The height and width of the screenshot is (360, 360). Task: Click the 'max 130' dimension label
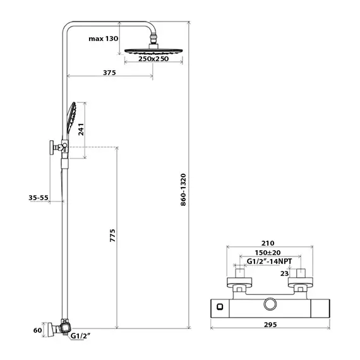[104, 39]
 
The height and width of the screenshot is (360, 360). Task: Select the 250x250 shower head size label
[153, 59]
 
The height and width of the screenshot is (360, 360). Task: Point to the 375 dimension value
[109, 73]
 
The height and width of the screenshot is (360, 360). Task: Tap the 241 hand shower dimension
[81, 129]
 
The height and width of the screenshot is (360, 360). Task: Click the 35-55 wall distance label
[39, 198]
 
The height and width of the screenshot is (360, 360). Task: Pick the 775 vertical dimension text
[112, 236]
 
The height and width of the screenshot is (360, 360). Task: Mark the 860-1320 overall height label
[183, 190]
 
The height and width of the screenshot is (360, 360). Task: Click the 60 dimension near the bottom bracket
[38, 330]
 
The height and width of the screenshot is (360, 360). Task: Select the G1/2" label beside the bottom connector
[80, 336]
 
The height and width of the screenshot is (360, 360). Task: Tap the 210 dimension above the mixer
[268, 243]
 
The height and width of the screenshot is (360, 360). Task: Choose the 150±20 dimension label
[268, 253]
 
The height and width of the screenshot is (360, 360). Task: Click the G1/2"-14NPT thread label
[269, 261]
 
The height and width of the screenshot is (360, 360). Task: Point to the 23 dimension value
[284, 273]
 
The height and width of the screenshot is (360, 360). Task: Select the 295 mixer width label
[270, 325]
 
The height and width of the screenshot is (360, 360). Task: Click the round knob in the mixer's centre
[270, 304]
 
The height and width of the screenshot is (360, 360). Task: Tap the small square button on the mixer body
[220, 307]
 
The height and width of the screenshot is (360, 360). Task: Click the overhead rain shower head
[153, 51]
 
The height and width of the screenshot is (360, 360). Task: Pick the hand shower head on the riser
[71, 117]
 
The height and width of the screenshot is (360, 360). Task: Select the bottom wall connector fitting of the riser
[60, 328]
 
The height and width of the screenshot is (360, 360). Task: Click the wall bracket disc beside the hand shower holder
[52, 147]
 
